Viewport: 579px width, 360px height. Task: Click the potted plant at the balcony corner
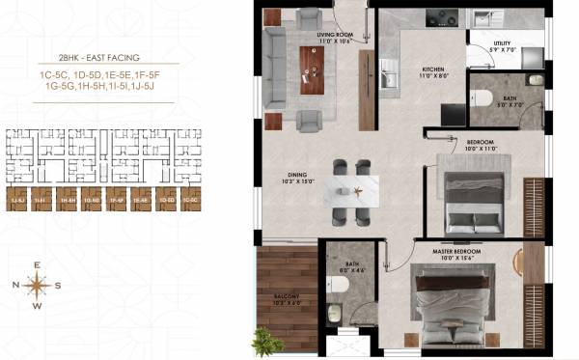coord(263,340)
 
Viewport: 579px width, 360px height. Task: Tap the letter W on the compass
coord(38,307)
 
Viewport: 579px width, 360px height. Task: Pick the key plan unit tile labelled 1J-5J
coord(16,201)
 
